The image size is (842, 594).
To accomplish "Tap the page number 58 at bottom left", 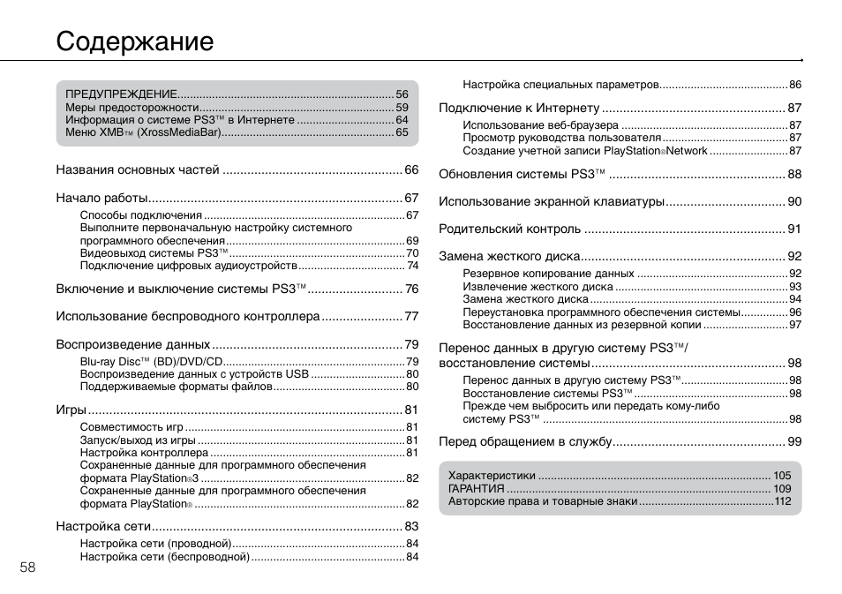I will pyautogui.click(x=28, y=567).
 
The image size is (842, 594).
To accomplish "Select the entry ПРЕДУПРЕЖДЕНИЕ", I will pyautogui.click(x=121, y=94).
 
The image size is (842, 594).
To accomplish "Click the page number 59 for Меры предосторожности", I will pyautogui.click(x=402, y=107).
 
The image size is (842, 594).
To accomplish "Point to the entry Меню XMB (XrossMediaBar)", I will pyautogui.click(x=142, y=132).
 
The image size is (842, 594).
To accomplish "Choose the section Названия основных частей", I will pyautogui.click(x=137, y=169).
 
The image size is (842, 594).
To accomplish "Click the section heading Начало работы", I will pyautogui.click(x=101, y=198).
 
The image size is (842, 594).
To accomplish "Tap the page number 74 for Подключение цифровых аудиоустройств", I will pyautogui.click(x=412, y=265).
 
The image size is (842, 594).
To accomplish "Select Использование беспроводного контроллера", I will pyautogui.click(x=187, y=316).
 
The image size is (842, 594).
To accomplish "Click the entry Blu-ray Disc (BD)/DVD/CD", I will pyautogui.click(x=151, y=361).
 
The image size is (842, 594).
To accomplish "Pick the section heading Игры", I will pyautogui.click(x=71, y=410).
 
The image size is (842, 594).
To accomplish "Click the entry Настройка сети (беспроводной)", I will pyautogui.click(x=165, y=557).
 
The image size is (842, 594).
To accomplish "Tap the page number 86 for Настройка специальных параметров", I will pyautogui.click(x=795, y=85).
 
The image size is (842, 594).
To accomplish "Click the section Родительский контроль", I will pyautogui.click(x=509, y=229).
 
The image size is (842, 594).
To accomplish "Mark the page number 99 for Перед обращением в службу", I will pyautogui.click(x=794, y=441).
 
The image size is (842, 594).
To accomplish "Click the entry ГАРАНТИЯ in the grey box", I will pyautogui.click(x=477, y=488).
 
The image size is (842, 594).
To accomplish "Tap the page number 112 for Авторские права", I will pyautogui.click(x=783, y=501).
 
